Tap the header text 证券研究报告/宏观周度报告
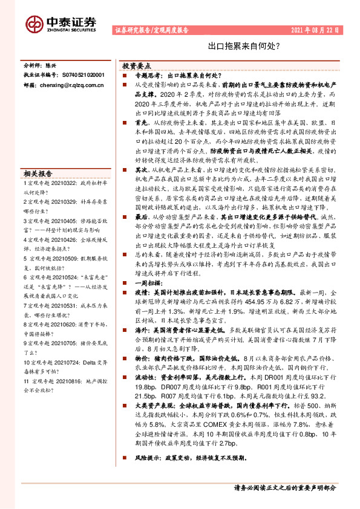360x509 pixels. (x=151, y=29)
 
